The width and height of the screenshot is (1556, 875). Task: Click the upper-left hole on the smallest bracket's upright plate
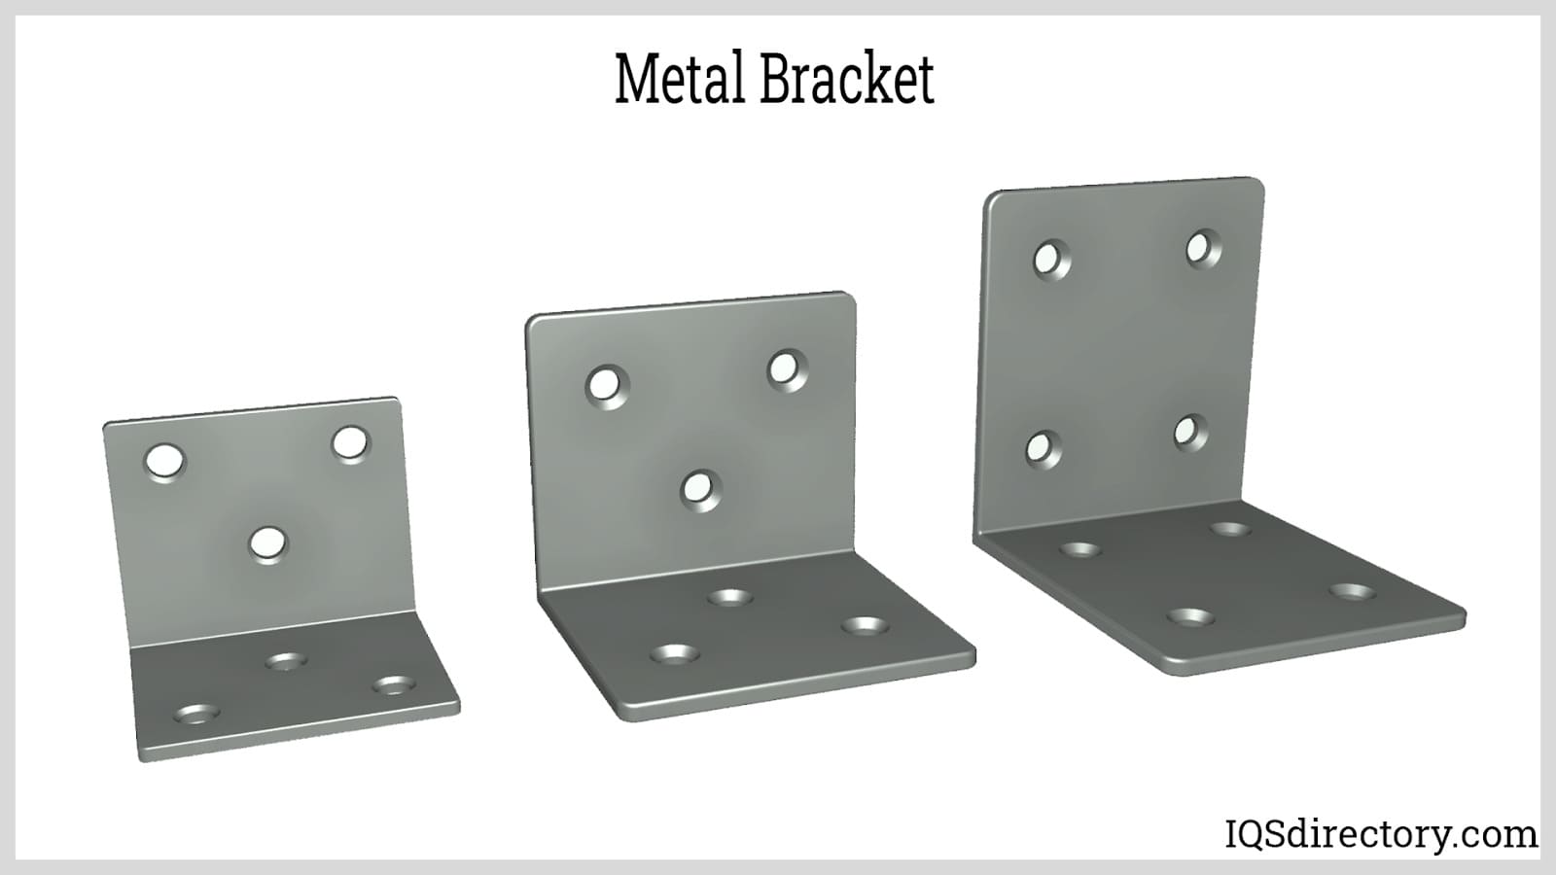click(x=165, y=460)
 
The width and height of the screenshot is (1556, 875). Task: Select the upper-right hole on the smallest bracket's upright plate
click(x=350, y=443)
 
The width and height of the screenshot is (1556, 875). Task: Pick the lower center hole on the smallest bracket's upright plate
click(x=267, y=544)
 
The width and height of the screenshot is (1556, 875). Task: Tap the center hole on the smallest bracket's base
click(x=286, y=662)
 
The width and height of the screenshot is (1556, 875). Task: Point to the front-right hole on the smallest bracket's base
click(x=394, y=685)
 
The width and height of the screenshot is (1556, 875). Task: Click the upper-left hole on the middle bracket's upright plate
click(x=607, y=386)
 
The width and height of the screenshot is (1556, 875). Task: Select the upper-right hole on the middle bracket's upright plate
click(x=787, y=369)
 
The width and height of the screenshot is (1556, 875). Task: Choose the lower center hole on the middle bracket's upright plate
click(x=700, y=488)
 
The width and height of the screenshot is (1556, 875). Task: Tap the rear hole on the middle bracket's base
click(x=729, y=597)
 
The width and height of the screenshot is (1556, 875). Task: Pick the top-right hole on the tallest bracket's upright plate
click(x=1203, y=248)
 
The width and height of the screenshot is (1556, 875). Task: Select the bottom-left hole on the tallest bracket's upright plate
click(x=1043, y=448)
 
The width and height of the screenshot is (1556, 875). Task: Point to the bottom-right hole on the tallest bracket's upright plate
click(x=1189, y=432)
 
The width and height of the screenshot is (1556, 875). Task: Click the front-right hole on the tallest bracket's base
click(x=1352, y=591)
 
